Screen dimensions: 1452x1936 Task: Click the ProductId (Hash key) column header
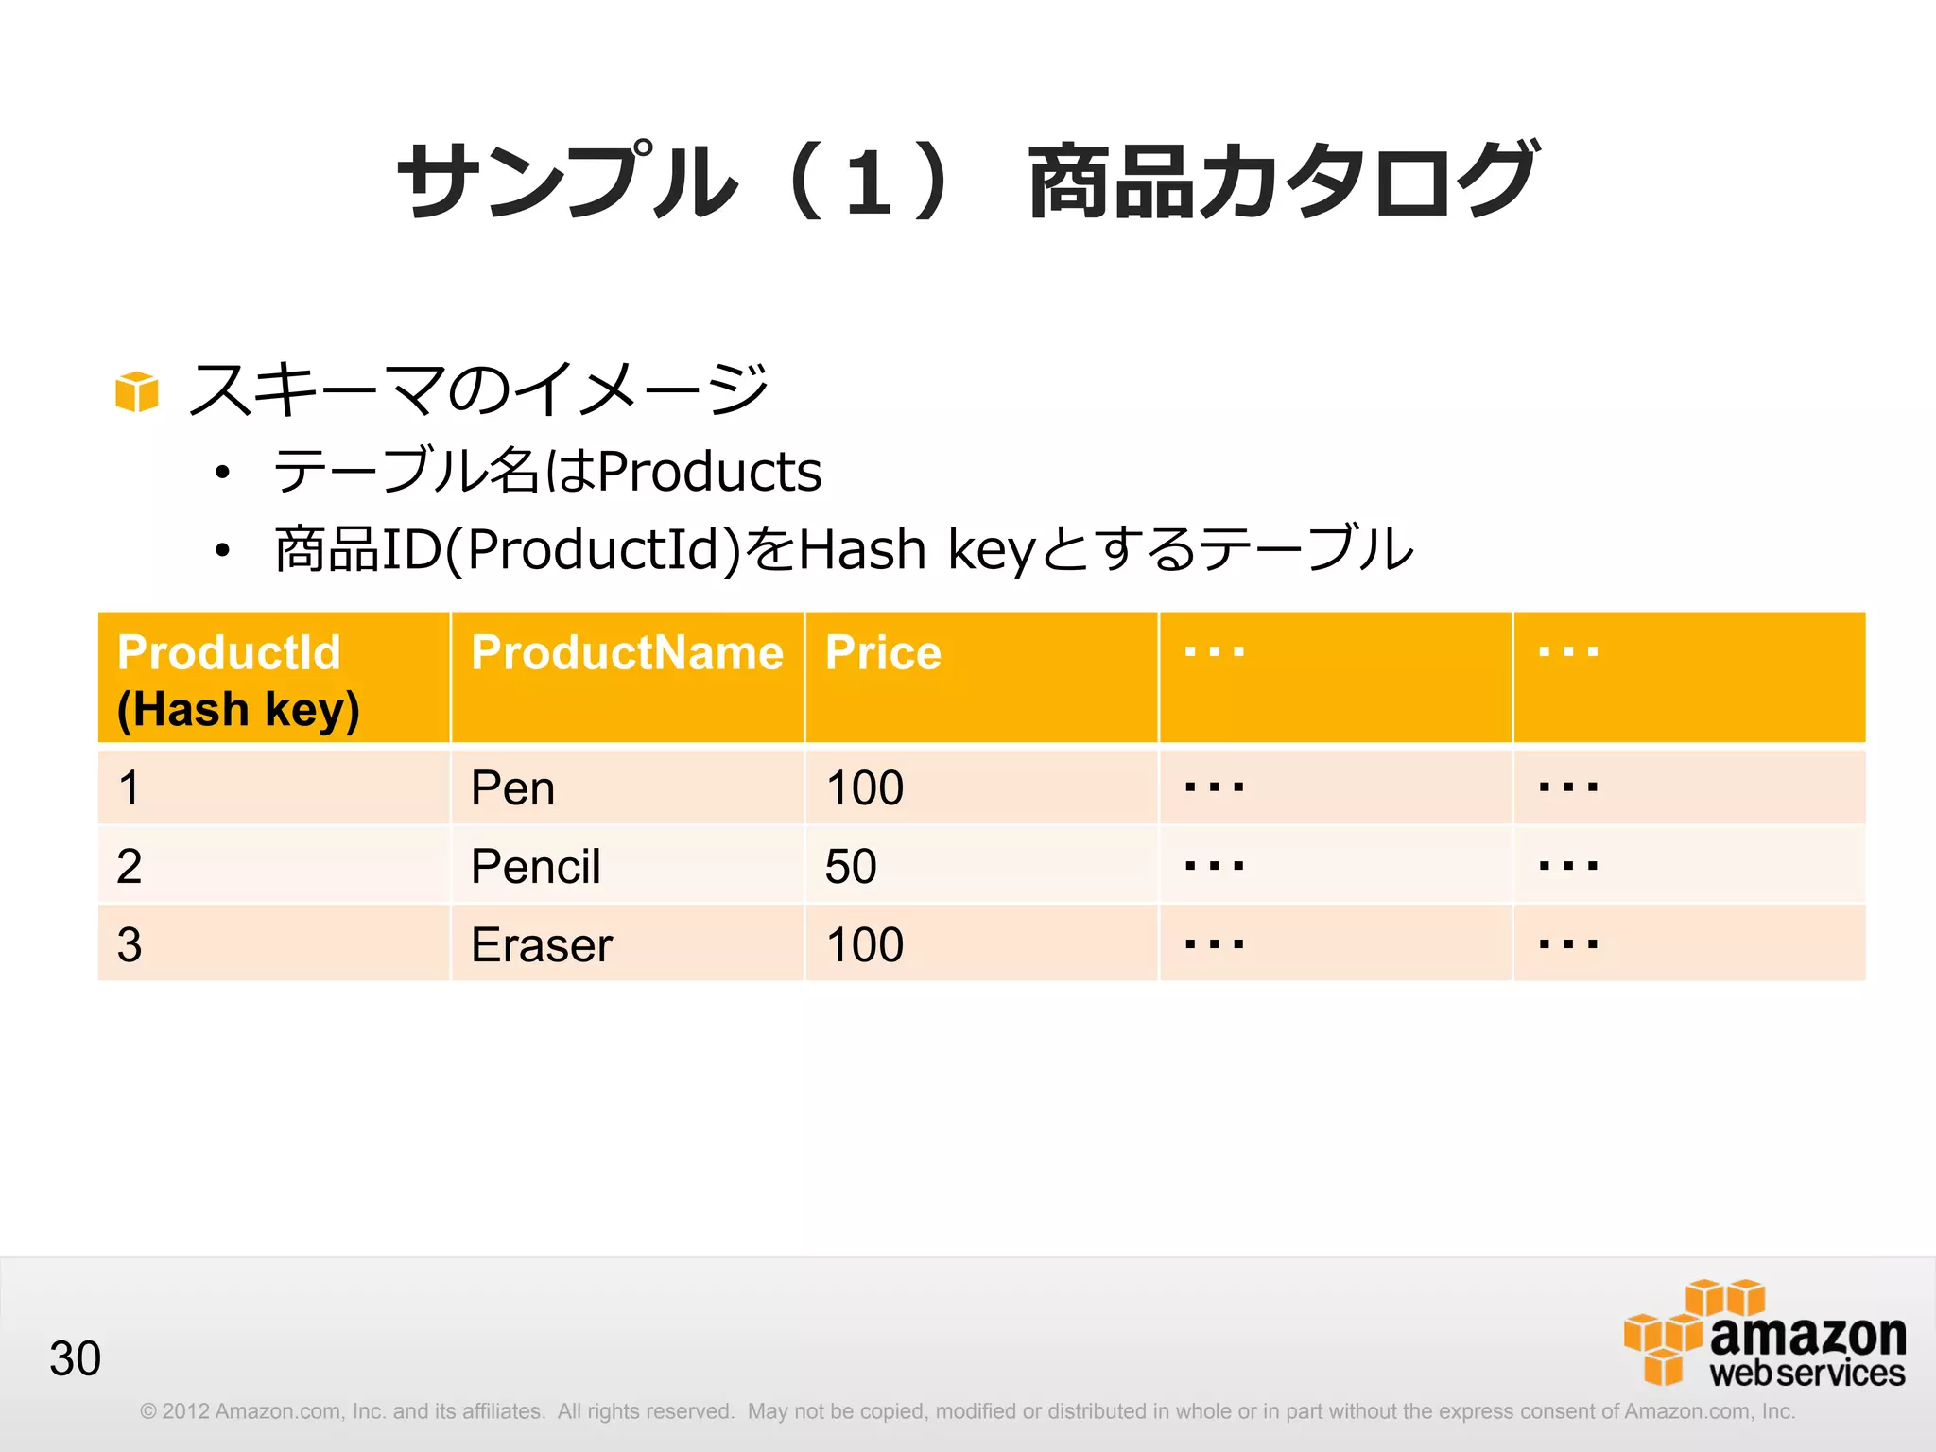tap(238, 680)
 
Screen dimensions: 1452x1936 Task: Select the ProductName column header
tap(627, 653)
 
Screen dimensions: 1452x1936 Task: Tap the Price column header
tap(883, 653)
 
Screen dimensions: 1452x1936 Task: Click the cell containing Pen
tap(512, 788)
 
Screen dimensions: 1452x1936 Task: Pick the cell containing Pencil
tap(535, 867)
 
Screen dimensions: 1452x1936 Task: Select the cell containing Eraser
tap(542, 945)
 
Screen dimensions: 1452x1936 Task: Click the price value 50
tap(851, 867)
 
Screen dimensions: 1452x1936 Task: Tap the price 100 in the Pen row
tap(865, 788)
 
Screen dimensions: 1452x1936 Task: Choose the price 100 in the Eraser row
tap(865, 945)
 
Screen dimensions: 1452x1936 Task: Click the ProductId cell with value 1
tap(130, 788)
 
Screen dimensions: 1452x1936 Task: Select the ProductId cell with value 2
tap(130, 867)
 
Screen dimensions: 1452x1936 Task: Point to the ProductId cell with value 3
tap(130, 945)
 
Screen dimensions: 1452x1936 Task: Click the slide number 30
tap(75, 1358)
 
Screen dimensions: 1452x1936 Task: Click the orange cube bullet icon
tap(136, 391)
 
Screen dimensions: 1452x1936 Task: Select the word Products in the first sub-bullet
tap(710, 472)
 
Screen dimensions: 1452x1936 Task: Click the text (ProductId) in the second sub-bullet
tap(594, 549)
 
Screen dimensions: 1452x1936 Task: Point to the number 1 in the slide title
tap(868, 181)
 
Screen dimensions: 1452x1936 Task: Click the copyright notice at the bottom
tap(967, 1411)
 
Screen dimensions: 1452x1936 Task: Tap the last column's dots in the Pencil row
tap(1568, 865)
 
